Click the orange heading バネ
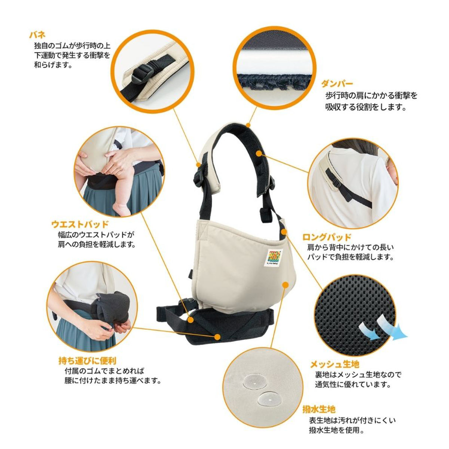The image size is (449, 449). click(38, 35)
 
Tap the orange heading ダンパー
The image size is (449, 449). click(337, 83)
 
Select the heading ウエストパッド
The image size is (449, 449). click(80, 224)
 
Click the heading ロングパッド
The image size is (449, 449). click(327, 237)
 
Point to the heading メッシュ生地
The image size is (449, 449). click(335, 363)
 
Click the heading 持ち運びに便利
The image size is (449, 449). click(87, 361)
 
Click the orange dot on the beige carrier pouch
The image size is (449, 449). click(285, 285)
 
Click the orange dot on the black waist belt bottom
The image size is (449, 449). click(217, 337)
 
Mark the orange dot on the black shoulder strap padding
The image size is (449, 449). click(259, 153)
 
